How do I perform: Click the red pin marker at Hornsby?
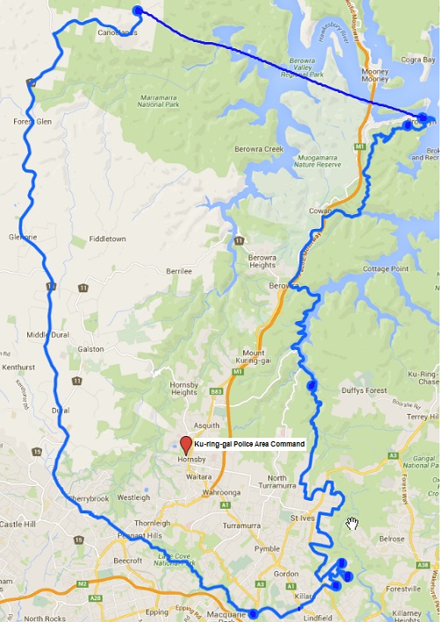(x=185, y=443)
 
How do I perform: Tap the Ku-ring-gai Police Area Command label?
(x=249, y=445)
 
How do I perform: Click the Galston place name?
(x=90, y=348)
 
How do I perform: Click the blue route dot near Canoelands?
(x=137, y=11)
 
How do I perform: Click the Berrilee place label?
(x=178, y=272)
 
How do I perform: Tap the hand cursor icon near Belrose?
(x=352, y=524)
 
